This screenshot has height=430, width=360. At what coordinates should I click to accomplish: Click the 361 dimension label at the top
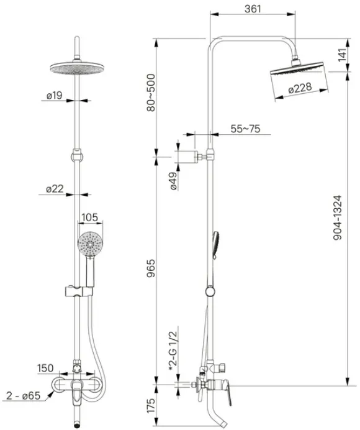(x=253, y=9)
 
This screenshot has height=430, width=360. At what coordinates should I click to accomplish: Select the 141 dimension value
(x=342, y=55)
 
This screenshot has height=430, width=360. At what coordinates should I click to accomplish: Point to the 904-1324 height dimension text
(x=338, y=217)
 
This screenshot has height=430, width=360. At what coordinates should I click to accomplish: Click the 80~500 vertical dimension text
(x=151, y=93)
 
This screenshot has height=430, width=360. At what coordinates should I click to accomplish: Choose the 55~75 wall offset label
(x=245, y=129)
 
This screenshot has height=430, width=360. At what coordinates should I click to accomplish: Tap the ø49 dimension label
(x=174, y=181)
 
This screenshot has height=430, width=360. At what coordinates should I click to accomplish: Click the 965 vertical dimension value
(x=151, y=268)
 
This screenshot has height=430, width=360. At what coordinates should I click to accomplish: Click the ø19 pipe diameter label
(x=55, y=96)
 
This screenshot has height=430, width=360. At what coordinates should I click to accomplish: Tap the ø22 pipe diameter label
(x=55, y=189)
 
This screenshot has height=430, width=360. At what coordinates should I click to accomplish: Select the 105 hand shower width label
(x=90, y=217)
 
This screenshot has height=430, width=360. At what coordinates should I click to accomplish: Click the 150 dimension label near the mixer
(x=45, y=368)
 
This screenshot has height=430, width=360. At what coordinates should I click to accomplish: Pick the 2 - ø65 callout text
(x=24, y=396)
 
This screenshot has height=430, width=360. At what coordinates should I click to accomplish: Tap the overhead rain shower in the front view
(x=77, y=68)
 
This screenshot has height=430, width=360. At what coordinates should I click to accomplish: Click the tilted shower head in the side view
(x=297, y=68)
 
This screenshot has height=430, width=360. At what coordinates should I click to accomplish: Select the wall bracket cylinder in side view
(x=187, y=157)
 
